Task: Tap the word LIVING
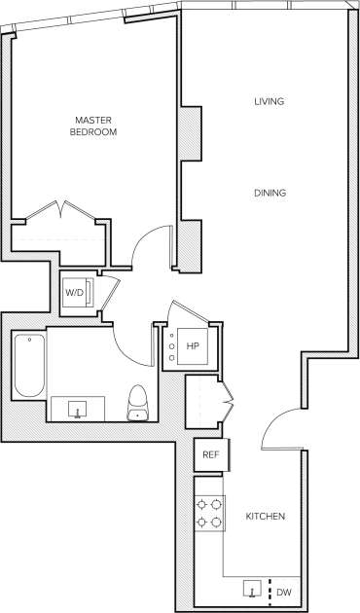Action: (x=270, y=102)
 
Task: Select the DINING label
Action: (x=270, y=193)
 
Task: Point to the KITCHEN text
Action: (x=265, y=516)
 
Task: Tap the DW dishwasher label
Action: (x=283, y=592)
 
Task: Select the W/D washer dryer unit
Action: (x=75, y=293)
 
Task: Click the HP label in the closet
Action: (x=193, y=345)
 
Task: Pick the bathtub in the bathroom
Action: (x=29, y=365)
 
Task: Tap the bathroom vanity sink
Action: (x=79, y=408)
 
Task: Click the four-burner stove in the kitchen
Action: (x=208, y=513)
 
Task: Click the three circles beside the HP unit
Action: (x=171, y=346)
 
